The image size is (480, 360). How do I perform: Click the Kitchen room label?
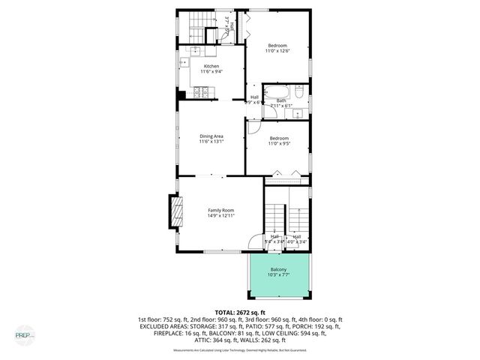point(211,67)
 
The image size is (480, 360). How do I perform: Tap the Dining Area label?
point(211,136)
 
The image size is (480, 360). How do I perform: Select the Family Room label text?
point(221,210)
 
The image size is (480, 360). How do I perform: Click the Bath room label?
point(281,100)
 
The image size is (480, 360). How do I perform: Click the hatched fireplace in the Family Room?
point(177,211)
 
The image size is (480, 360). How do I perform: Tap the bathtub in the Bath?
point(274,94)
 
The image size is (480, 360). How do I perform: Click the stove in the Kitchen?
point(200,92)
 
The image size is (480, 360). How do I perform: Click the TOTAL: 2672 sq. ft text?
point(240,312)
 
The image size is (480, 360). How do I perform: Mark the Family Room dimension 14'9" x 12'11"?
point(221,216)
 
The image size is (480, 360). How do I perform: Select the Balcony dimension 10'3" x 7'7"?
point(278,275)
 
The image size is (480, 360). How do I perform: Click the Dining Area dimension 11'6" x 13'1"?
point(211,142)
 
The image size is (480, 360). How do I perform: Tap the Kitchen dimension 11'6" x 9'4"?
point(211,73)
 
